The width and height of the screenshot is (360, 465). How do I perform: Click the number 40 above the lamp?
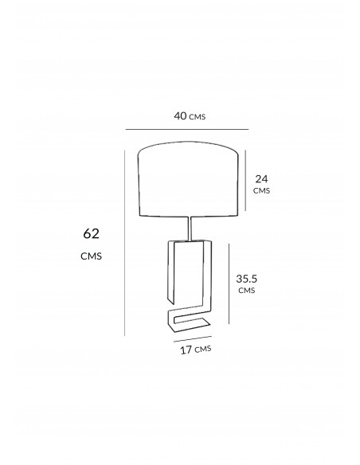180,115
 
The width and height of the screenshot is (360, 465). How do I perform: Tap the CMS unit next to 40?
198,117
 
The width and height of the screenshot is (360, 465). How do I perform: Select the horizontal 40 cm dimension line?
187,130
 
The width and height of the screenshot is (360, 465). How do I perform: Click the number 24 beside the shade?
261,179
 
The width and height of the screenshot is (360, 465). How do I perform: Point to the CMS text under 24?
261,190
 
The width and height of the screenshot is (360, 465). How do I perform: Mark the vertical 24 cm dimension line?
245,180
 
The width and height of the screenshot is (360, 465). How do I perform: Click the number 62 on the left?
91,233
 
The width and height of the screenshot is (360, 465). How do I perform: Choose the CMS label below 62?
91,256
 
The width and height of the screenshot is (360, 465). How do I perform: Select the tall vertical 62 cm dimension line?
125,243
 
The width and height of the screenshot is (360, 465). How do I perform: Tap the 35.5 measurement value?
246,279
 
